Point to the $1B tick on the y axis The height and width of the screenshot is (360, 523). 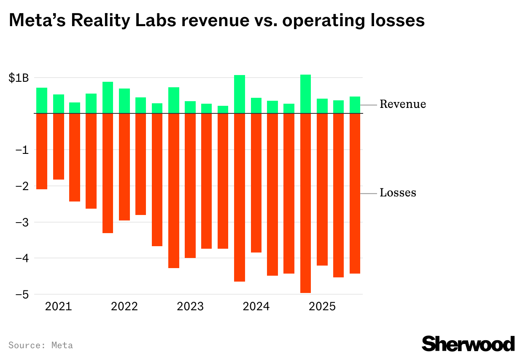[19, 78]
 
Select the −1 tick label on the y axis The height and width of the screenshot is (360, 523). [22, 150]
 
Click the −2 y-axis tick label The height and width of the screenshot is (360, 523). [22, 186]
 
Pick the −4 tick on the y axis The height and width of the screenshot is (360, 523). [22, 258]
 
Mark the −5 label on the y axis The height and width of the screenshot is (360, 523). [22, 295]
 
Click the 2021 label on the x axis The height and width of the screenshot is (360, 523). [59, 306]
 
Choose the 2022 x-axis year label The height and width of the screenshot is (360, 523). [124, 306]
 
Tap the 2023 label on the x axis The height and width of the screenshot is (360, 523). [190, 306]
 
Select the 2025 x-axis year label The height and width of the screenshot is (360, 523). [322, 306]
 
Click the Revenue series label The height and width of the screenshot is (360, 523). [402, 104]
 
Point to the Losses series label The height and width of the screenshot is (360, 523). [398, 193]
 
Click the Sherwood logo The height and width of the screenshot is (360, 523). [468, 344]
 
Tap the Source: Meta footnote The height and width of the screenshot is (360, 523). [40, 345]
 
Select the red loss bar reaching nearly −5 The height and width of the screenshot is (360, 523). [305, 202]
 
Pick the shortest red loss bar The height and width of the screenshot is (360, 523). [58, 147]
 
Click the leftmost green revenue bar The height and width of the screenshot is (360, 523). [42, 100]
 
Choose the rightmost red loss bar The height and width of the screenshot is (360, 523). [355, 193]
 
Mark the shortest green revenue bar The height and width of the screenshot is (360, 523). [223, 110]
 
